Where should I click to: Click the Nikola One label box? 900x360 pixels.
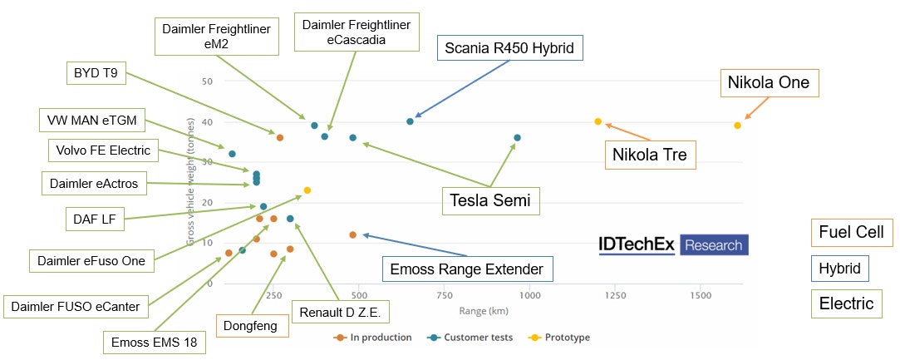click(768, 83)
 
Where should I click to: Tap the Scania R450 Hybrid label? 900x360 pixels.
click(509, 47)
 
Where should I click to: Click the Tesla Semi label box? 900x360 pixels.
click(489, 200)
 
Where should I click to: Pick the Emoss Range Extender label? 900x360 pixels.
click(466, 269)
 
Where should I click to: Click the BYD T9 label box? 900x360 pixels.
click(96, 73)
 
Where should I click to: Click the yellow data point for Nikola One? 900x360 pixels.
click(737, 126)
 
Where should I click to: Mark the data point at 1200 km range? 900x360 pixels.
click(598, 121)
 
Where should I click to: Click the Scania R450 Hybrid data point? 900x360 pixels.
click(410, 121)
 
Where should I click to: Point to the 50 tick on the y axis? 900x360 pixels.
click(206, 81)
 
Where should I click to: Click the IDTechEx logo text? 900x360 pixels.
click(637, 244)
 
